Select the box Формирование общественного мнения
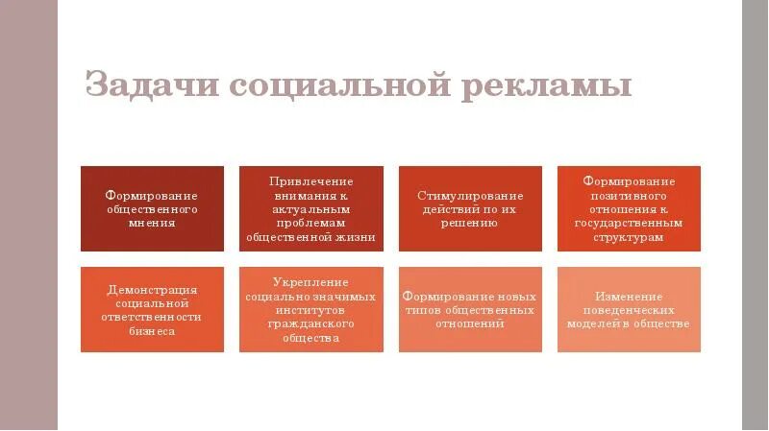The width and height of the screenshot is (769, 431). point(152,208)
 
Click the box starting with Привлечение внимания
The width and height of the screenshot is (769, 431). point(310,208)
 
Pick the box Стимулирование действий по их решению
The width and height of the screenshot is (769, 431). point(470,208)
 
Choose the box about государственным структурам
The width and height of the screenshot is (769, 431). point(629,208)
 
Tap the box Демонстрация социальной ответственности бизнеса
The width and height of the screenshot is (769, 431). point(152,309)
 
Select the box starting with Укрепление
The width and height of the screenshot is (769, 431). point(310,309)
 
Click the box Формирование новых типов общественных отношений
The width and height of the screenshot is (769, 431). point(470,309)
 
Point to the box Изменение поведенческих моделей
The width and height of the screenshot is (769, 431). point(629,309)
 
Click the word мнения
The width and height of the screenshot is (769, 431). point(152,223)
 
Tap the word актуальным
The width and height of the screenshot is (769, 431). point(310,208)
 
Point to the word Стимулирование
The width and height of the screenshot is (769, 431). point(470,195)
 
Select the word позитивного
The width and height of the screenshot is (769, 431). point(629,195)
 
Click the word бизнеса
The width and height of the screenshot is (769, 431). point(152,331)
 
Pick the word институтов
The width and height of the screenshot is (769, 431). point(310,310)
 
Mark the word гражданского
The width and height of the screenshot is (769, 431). point(310,324)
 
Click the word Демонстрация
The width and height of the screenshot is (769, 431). point(152,289)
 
